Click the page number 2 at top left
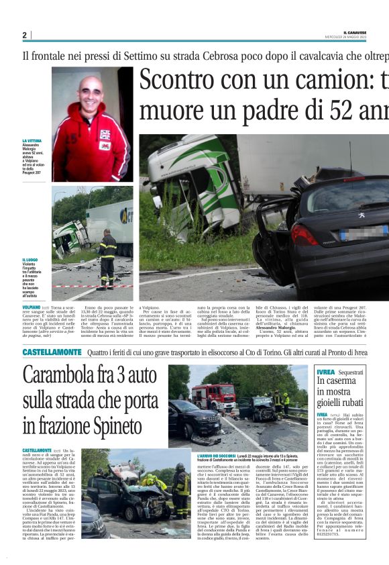pyautogui.click(x=25, y=35)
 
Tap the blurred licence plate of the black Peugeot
pyautogui.click(x=363, y=234)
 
